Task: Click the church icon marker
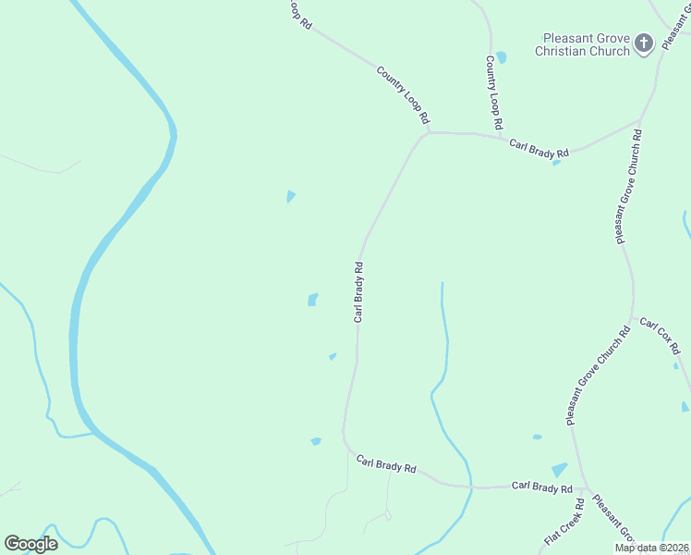[x=644, y=42]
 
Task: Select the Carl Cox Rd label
[x=660, y=337]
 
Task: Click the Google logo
[x=30, y=544]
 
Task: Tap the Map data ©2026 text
[x=652, y=548]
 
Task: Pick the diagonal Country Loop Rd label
[x=404, y=94]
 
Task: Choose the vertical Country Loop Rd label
[x=494, y=92]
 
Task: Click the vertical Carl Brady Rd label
[x=358, y=291]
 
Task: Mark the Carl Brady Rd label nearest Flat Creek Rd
[x=542, y=487]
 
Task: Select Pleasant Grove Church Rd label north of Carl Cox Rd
[x=628, y=187]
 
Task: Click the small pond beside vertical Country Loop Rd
[x=501, y=57]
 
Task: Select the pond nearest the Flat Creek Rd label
[x=559, y=471]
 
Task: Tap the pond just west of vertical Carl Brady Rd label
[x=312, y=300]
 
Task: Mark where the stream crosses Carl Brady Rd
[x=467, y=486]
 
